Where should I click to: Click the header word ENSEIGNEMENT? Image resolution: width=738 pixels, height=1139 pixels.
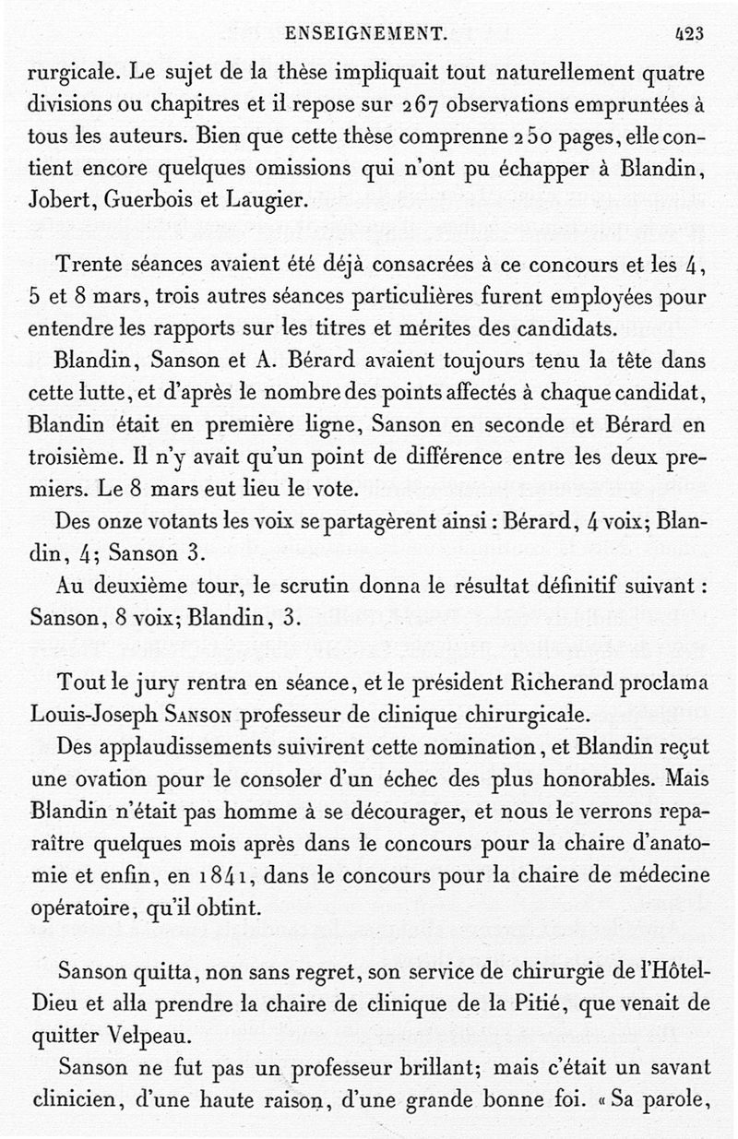tap(366, 35)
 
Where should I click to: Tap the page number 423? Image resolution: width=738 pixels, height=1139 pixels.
tap(688, 35)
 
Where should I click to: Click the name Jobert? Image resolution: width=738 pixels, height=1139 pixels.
tap(60, 174)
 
